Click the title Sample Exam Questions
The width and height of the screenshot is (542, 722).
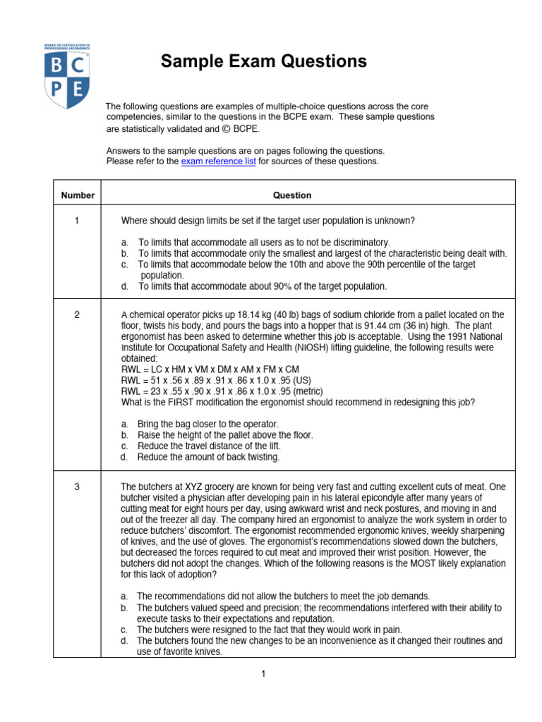(263, 61)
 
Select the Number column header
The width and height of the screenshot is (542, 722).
(77, 195)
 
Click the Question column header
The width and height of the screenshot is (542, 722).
(292, 195)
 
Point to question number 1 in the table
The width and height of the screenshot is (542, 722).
(77, 221)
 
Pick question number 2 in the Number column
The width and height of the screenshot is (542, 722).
(77, 314)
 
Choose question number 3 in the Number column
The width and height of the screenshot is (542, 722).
(77, 487)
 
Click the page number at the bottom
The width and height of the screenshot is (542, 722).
(262, 675)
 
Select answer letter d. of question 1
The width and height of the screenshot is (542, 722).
(124, 286)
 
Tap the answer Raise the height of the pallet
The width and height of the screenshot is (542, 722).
(224, 435)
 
